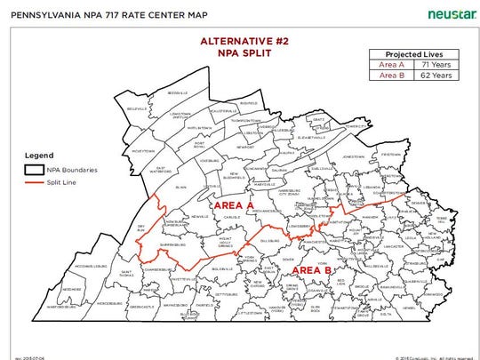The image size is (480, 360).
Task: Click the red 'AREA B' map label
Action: point(312,269)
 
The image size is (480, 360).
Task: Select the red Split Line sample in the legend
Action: point(35,181)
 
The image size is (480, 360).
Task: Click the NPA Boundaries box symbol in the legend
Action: point(35,168)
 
